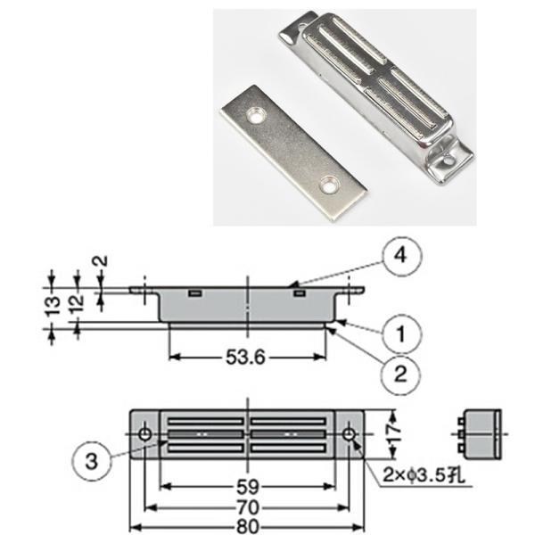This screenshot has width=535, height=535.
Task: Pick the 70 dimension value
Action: [x=248, y=506]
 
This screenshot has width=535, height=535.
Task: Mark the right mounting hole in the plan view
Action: [x=350, y=434]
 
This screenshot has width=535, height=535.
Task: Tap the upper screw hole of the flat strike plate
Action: [x=257, y=116]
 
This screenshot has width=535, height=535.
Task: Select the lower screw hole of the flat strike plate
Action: [x=330, y=183]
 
